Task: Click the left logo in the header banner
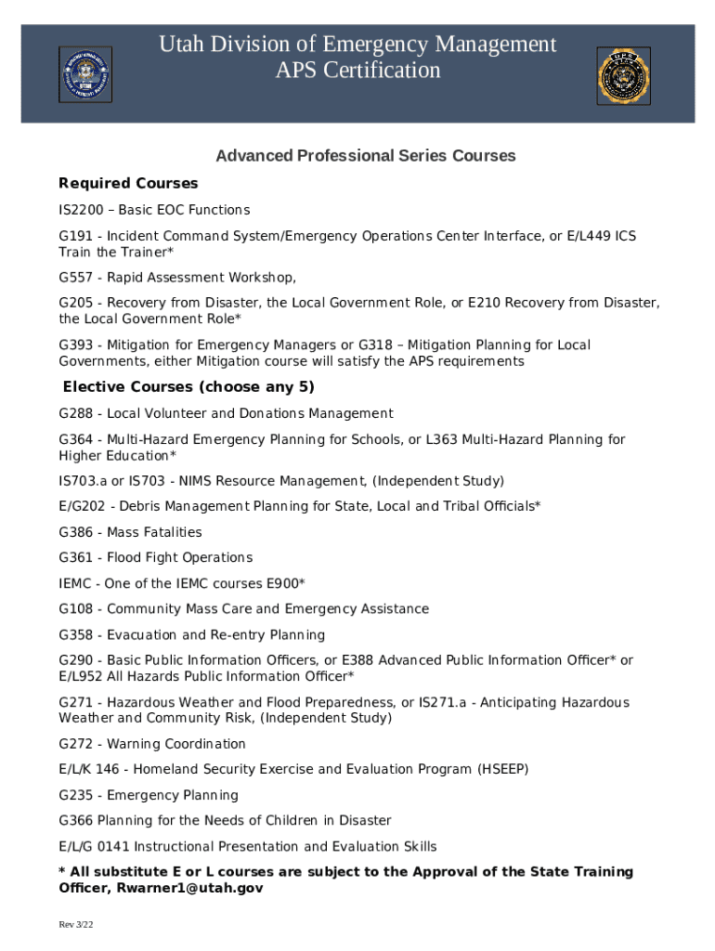coord(85,74)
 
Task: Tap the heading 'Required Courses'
coord(128,183)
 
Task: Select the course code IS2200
coord(80,210)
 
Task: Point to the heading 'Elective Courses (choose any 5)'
coord(188,386)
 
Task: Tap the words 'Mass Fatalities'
coord(154,532)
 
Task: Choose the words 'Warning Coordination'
coord(176,744)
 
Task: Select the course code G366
coord(76,821)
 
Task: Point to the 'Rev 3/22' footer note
coord(76,925)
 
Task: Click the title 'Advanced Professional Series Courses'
coord(365,156)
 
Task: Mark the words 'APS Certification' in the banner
coord(357,71)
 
